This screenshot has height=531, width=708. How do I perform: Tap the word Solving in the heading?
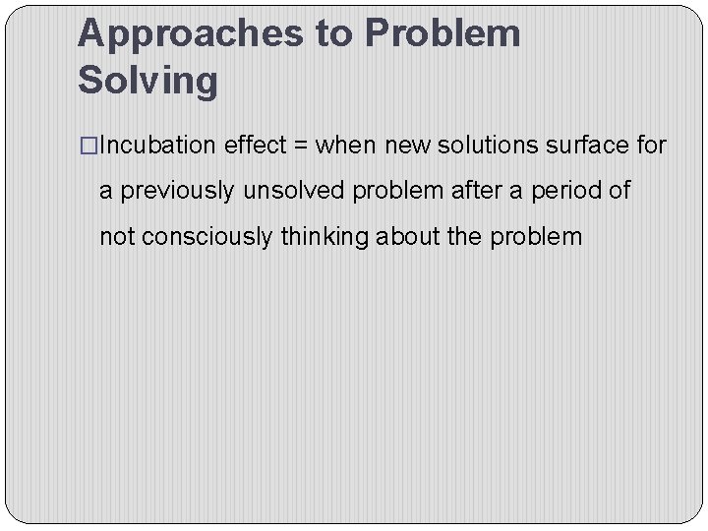[147, 81]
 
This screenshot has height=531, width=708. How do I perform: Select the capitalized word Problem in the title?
[442, 34]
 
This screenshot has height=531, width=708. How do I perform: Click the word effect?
[251, 147]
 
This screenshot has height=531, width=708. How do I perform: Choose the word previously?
[178, 191]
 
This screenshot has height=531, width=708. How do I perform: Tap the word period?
[564, 191]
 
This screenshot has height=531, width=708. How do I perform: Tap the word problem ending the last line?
[539, 237]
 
